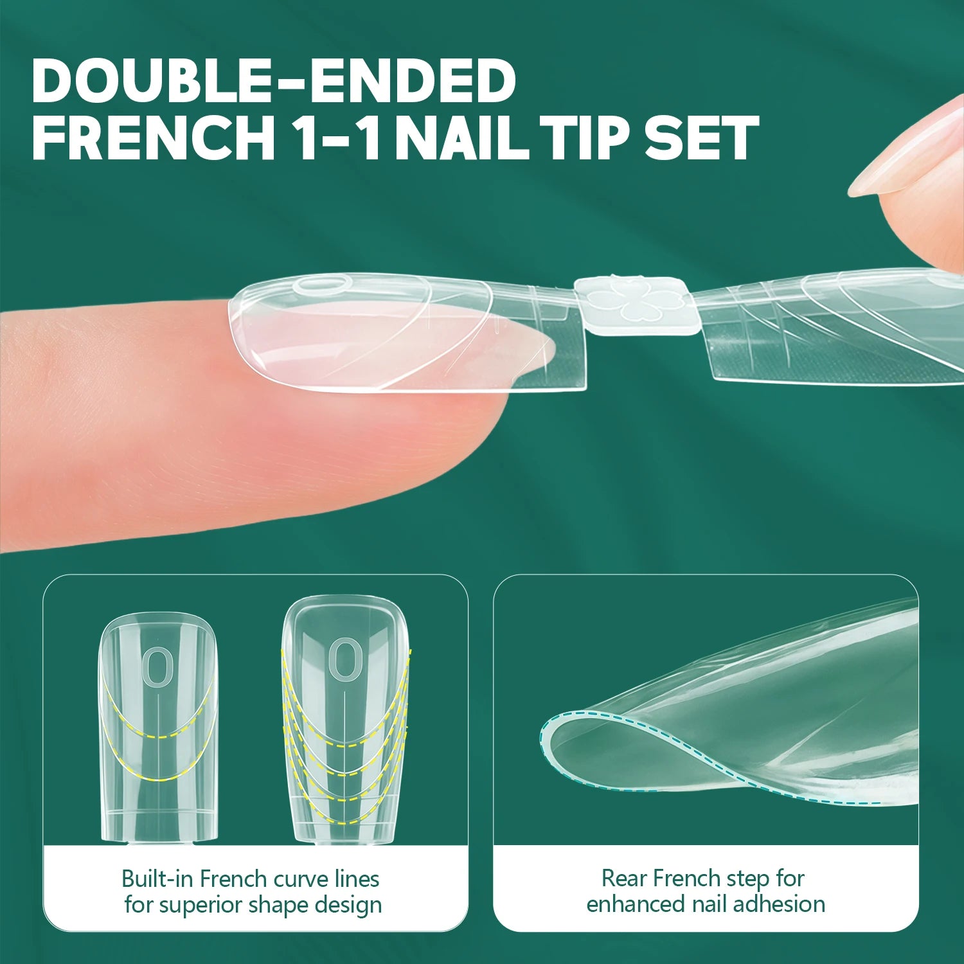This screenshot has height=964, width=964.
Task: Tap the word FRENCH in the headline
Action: pyautogui.click(x=154, y=138)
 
